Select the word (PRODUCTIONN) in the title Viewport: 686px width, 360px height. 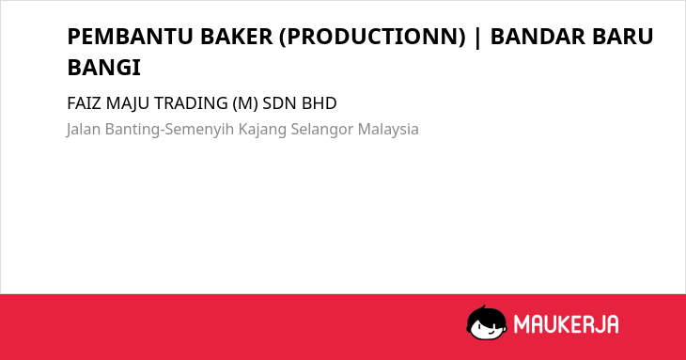[372, 37]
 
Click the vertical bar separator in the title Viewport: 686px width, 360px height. [477, 38]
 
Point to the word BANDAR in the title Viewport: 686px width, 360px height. [538, 37]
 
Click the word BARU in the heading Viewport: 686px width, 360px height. [622, 37]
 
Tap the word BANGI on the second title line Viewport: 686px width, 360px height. [103, 68]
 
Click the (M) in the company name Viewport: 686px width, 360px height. [245, 103]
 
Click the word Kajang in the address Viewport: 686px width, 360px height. [262, 130]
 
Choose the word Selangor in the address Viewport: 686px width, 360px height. [322, 130]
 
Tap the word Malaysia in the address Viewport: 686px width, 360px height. [388, 130]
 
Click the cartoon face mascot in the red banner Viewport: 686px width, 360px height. [487, 323]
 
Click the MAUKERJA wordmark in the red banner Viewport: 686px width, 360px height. [566, 324]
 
